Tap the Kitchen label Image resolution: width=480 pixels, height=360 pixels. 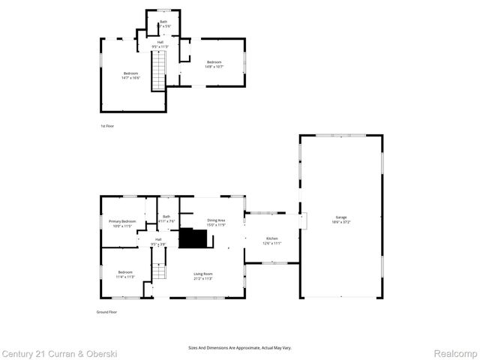(x=271, y=241)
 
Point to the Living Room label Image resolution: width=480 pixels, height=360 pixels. (x=203, y=276)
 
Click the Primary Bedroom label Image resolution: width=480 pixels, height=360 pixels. (x=123, y=223)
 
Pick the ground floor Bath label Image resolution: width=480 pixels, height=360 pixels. (x=166, y=219)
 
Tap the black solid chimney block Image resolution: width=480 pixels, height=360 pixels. (x=193, y=238)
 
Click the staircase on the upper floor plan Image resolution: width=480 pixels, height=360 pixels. (x=157, y=74)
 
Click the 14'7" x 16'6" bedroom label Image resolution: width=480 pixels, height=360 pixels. (x=131, y=75)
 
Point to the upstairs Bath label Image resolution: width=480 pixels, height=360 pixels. (x=163, y=24)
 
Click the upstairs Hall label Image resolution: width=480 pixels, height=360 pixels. (x=160, y=43)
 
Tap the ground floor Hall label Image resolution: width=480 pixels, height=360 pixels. (x=158, y=241)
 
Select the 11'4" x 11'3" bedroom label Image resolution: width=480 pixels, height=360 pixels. (x=124, y=274)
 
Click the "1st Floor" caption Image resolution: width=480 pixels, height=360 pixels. (x=108, y=125)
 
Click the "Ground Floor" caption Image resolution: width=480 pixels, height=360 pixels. (x=106, y=311)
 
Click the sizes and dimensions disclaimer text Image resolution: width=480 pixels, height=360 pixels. (x=239, y=348)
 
